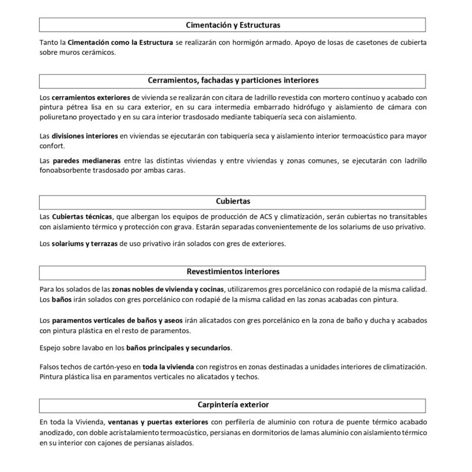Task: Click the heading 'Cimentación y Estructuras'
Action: click(x=232, y=25)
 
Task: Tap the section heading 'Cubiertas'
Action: click(x=232, y=201)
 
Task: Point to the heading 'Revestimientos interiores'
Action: click(x=232, y=272)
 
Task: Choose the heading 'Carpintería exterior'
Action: click(x=232, y=405)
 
